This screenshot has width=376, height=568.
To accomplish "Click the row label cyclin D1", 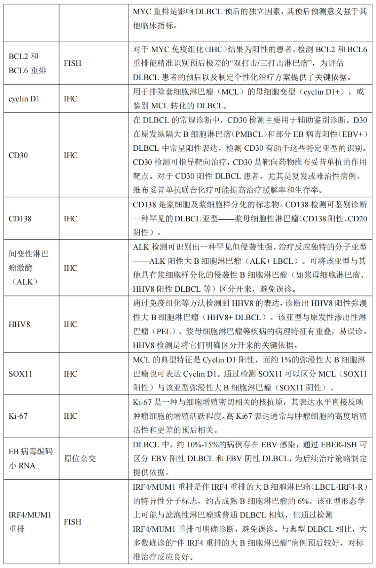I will (24, 99).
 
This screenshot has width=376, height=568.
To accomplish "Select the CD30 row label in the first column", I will (18, 155).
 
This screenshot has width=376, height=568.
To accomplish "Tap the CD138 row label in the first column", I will (20, 219).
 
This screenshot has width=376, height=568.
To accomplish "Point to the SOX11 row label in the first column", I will (20, 374).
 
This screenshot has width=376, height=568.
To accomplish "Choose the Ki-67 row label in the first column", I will (18, 416).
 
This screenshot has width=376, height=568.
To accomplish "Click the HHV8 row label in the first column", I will (19, 324).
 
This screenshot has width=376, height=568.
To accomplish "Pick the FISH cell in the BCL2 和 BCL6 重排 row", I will (72, 63).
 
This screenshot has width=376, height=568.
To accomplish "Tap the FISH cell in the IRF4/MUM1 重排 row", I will (72, 522).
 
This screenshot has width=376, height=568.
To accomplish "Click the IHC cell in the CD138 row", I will (70, 219).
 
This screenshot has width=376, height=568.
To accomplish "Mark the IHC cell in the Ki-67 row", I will (70, 416).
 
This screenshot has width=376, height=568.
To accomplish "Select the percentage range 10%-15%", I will (202, 444).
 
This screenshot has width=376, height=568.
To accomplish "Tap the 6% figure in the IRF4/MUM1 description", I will (303, 501).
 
